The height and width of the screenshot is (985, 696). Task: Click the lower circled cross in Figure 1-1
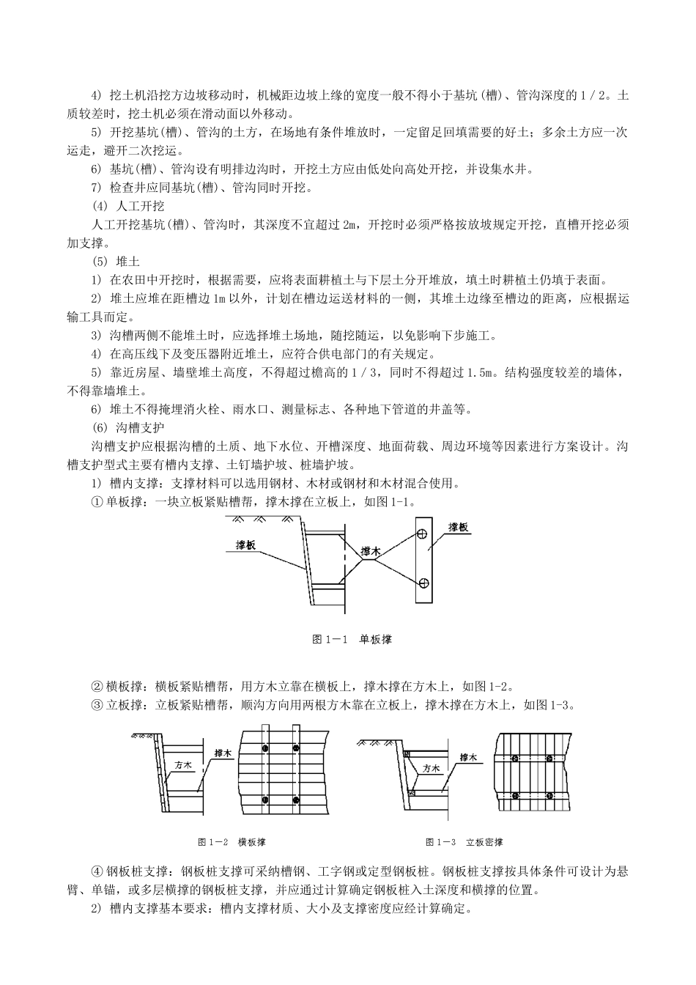point(422,583)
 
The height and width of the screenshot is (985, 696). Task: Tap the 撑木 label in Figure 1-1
point(371,550)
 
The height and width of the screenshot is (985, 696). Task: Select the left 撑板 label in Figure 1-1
point(246,545)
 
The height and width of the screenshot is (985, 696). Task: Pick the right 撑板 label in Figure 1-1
point(459,527)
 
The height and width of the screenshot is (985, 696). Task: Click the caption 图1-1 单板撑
point(352,639)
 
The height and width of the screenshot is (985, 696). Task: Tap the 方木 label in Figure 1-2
point(183,764)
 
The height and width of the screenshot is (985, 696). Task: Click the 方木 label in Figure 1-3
point(432,769)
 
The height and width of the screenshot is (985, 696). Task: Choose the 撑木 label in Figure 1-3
point(468,757)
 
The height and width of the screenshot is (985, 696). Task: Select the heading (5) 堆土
point(115,261)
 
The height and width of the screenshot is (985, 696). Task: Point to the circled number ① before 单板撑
point(96,502)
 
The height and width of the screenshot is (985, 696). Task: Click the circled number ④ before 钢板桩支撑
point(96,873)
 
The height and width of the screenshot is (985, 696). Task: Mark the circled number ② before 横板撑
point(96,687)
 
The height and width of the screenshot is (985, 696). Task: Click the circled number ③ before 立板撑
point(96,705)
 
